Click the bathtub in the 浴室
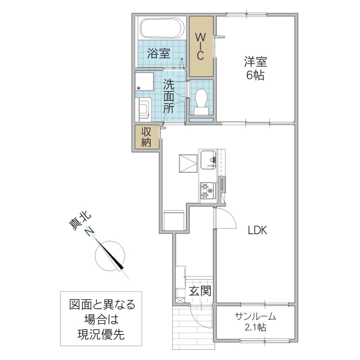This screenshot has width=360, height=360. coord(161,28)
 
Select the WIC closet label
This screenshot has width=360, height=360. coord(202,46)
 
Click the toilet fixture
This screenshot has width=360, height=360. coord(202,99)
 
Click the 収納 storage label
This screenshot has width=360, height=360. coord(147,137)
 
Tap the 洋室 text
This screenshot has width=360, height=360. coord(255,61)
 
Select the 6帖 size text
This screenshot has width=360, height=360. coord(255,76)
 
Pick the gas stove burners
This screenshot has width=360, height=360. coord(208,191)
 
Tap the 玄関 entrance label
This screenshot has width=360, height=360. coord(200,292)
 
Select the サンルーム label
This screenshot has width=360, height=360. coord(255,316)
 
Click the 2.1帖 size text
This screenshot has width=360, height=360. coord(255,328)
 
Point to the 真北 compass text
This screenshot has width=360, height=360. coord(77,229)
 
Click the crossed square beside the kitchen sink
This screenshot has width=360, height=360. coord(187,163)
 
